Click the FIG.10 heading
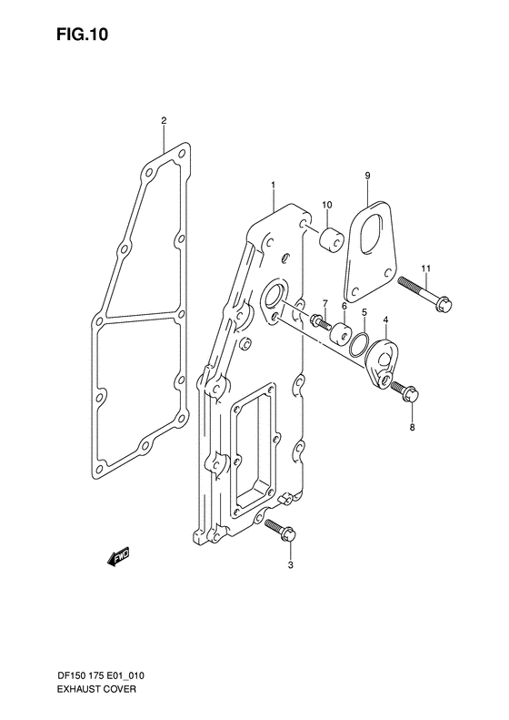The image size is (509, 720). [x=83, y=35]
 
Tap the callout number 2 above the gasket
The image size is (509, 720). [x=164, y=121]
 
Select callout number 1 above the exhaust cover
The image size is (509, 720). [x=273, y=185]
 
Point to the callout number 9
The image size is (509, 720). [x=368, y=176]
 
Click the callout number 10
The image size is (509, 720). [x=326, y=204]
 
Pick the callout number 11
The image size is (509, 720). [x=426, y=268]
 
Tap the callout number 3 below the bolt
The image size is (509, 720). [x=290, y=565]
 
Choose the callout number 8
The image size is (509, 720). [x=412, y=428]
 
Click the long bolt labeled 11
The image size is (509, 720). [x=425, y=293]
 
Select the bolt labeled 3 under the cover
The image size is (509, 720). [x=281, y=531]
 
